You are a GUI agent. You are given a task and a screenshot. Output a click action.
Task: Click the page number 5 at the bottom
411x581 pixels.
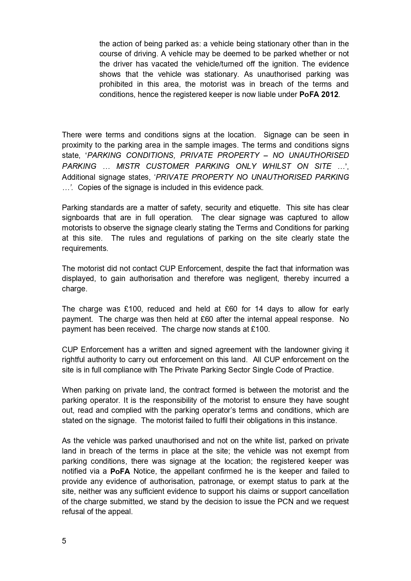(x=64, y=541)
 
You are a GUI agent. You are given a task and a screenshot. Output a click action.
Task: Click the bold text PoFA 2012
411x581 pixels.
(x=319, y=94)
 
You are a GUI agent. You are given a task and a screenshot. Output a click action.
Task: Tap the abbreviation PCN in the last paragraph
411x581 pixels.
(x=285, y=502)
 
